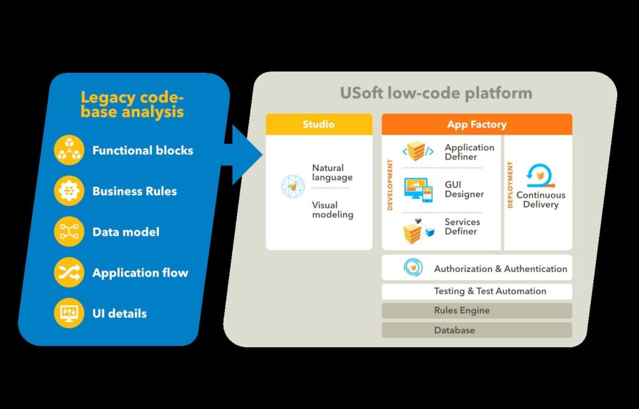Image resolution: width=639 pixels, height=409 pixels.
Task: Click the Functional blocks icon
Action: tap(69, 150)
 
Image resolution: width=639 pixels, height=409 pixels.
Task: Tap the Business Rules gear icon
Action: tap(69, 191)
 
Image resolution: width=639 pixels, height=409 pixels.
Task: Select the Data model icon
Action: tap(69, 232)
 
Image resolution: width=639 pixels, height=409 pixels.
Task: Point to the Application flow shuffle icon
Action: tap(69, 272)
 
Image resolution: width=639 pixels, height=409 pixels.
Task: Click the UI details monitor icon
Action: tap(69, 313)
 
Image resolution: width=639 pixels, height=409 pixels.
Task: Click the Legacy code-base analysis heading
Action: tap(132, 105)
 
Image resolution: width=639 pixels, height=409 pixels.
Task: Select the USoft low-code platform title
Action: tap(436, 94)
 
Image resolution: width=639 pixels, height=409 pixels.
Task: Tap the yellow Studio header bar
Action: tap(319, 124)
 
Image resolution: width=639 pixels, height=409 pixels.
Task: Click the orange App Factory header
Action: tap(477, 124)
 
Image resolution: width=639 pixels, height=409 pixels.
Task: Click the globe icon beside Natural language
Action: tap(293, 186)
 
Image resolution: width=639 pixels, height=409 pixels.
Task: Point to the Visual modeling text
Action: tap(333, 209)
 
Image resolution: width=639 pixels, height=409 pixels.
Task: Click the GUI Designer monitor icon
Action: tap(419, 190)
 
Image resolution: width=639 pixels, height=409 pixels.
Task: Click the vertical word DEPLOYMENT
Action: tap(510, 185)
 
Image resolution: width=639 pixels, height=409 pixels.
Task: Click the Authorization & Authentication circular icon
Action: tap(412, 268)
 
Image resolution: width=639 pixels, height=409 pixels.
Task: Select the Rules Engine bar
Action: tap(477, 310)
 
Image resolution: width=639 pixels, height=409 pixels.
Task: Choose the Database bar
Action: tap(477, 330)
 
